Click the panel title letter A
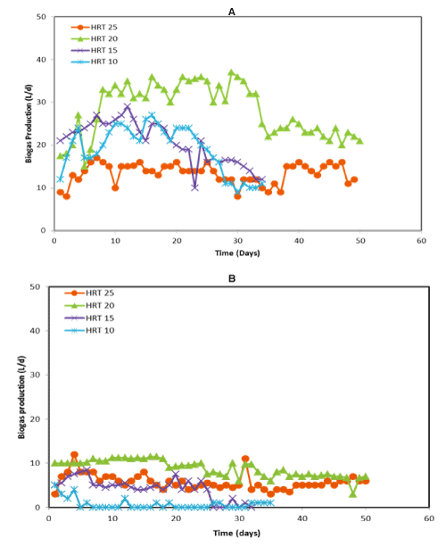pyautogui.click(x=232, y=12)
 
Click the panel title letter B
pyautogui.click(x=232, y=278)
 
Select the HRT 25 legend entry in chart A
pyautogui.click(x=95, y=27)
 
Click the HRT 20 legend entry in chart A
pyautogui.click(x=95, y=38)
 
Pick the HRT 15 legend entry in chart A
pyautogui.click(x=95, y=50)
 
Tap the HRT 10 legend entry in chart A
pyautogui.click(x=95, y=62)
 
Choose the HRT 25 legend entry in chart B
pyautogui.click(x=89, y=293)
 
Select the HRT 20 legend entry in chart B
pyautogui.click(x=89, y=305)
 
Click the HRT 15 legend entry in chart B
pyautogui.click(x=89, y=319)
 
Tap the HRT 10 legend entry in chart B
pyautogui.click(x=89, y=330)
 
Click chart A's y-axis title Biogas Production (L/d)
pyautogui.click(x=29, y=123)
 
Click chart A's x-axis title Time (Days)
pyautogui.click(x=237, y=253)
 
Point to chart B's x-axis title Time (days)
pyautogui.click(x=236, y=533)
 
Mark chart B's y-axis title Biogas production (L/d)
pyautogui.click(x=21, y=397)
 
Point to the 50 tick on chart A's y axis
pyautogui.click(x=41, y=17)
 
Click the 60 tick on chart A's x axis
pyautogui.click(x=421, y=241)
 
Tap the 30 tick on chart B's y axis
pyautogui.click(x=35, y=375)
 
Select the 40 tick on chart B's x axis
pyautogui.click(x=302, y=518)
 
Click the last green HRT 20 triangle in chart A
pyautogui.click(x=359, y=141)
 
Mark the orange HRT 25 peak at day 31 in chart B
pyautogui.click(x=245, y=459)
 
